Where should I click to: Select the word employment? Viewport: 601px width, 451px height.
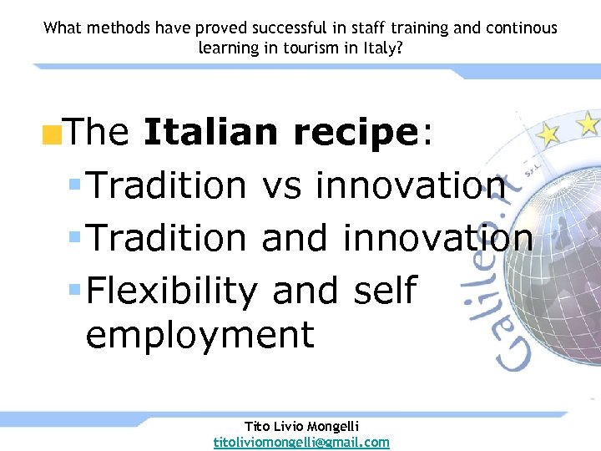[x=199, y=335]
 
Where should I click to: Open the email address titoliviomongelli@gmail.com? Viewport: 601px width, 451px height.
[x=301, y=442]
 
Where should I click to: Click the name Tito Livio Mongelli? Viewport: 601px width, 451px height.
[x=301, y=427]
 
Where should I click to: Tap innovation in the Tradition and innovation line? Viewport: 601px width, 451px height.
[x=437, y=238]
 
